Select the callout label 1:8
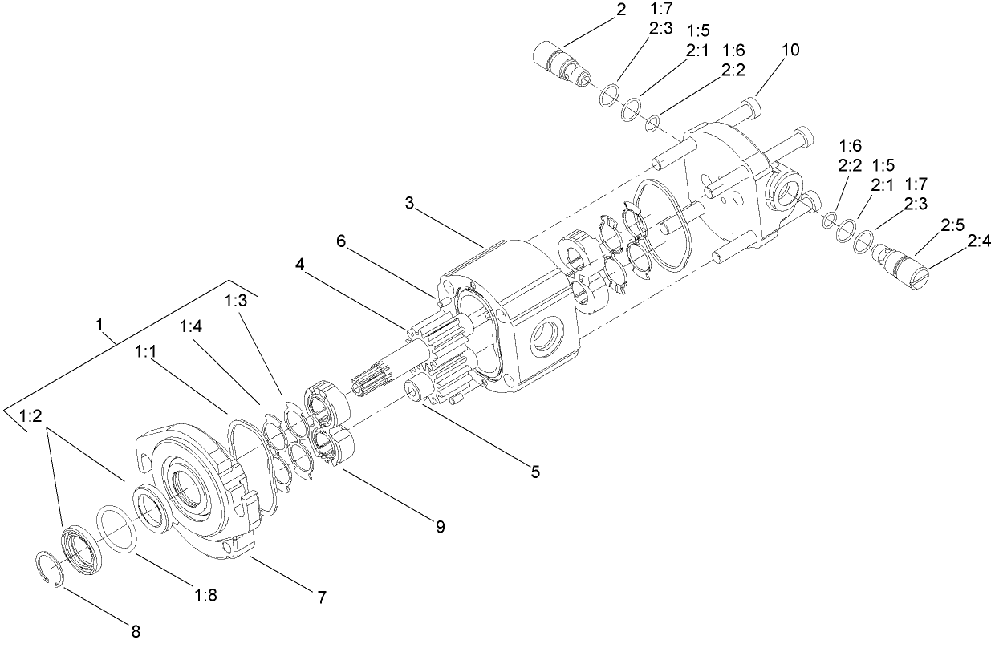206,595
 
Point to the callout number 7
321,597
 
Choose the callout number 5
534,472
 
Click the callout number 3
410,203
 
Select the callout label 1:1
147,351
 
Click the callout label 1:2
30,416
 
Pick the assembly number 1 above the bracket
99,325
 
